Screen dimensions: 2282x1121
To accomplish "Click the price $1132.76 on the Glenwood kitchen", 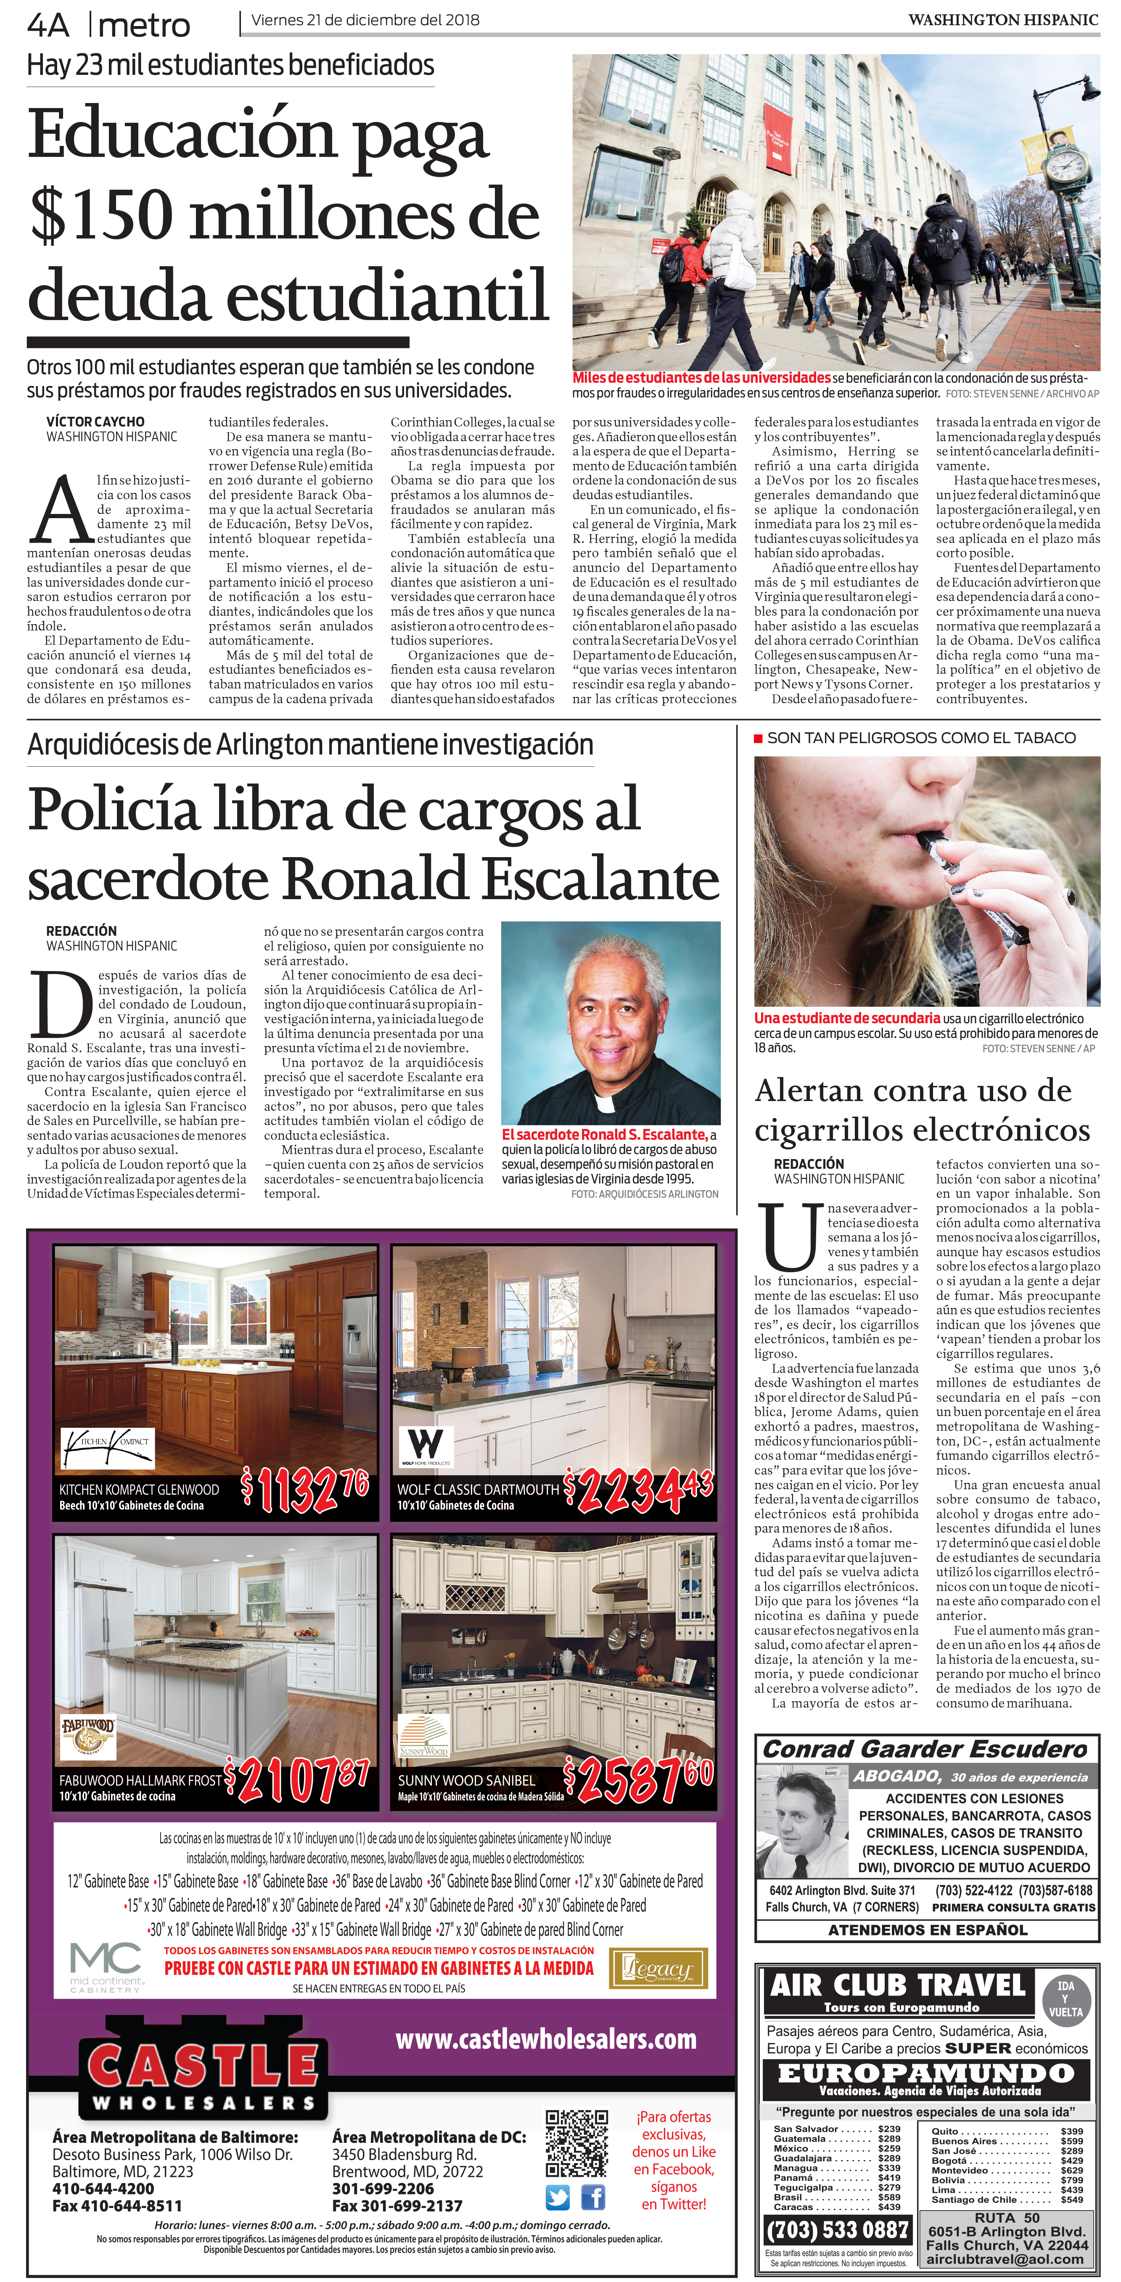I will tap(306, 1491).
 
